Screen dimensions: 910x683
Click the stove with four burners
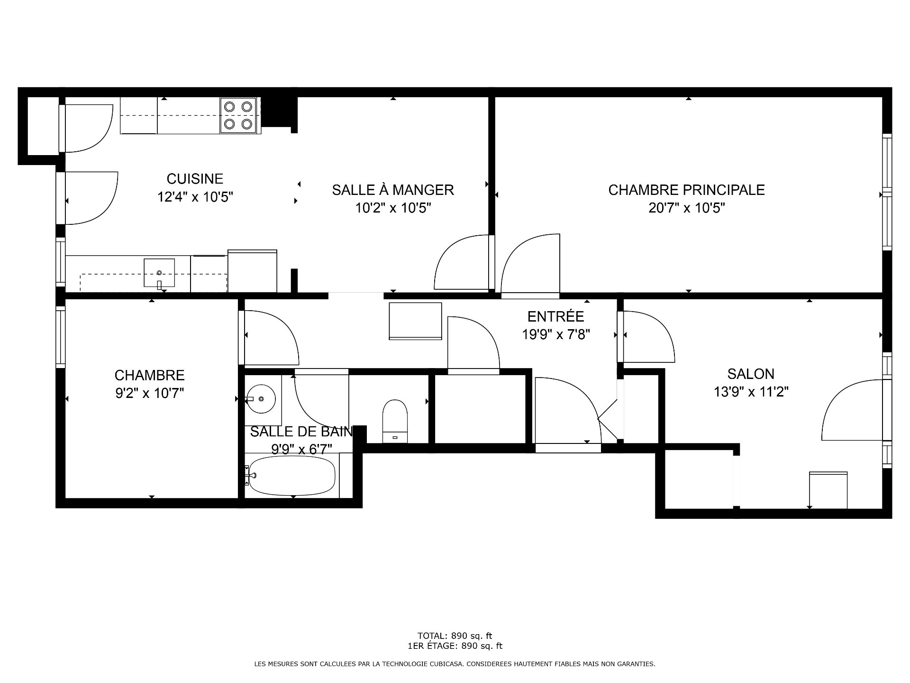(x=239, y=116)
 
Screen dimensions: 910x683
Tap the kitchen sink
(x=159, y=273)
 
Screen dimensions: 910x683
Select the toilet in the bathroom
(x=395, y=421)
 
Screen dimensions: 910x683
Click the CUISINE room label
(x=195, y=179)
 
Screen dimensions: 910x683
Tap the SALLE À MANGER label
(x=393, y=190)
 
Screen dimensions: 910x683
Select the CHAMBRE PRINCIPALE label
(x=686, y=190)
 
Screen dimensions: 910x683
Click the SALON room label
(x=751, y=374)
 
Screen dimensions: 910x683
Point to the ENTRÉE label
(x=556, y=316)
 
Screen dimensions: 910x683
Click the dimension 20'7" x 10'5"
(x=687, y=208)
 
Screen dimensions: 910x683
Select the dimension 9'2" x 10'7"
(x=150, y=393)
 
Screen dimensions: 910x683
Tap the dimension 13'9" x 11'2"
(x=751, y=392)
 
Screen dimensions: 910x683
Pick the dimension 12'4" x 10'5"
(x=195, y=197)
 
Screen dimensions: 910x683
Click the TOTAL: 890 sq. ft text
(x=455, y=636)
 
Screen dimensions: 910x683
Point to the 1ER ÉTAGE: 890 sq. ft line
(x=455, y=646)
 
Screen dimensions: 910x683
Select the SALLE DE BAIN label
(x=301, y=432)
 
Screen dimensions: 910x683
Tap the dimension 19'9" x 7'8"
(x=556, y=335)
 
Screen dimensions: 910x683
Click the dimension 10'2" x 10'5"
(x=393, y=208)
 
